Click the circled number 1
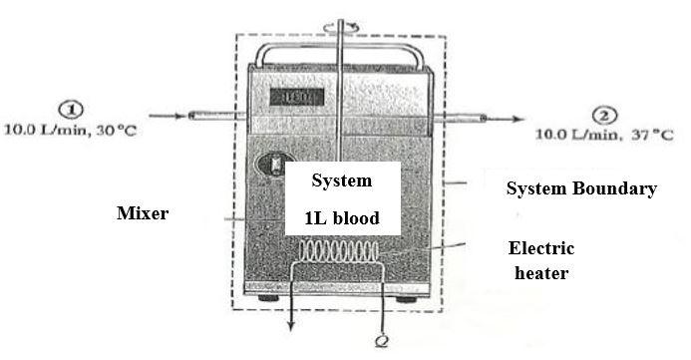tap(75, 111)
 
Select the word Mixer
tap(143, 212)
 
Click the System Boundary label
tap(581, 188)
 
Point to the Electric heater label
tap(540, 260)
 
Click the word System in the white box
tap(341, 180)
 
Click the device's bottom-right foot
tap(409, 297)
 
